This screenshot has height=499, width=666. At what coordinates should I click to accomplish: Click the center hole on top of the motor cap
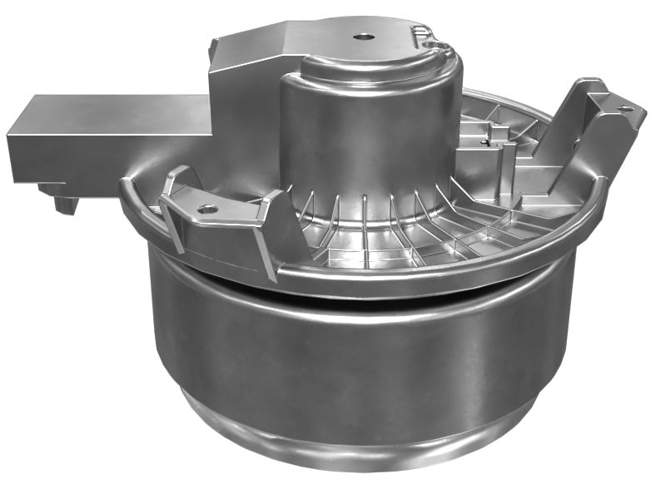pyautogui.click(x=364, y=37)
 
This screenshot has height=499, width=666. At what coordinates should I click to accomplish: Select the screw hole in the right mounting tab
pyautogui.click(x=625, y=108)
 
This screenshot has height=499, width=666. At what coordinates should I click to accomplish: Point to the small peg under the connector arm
pyautogui.click(x=63, y=202)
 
